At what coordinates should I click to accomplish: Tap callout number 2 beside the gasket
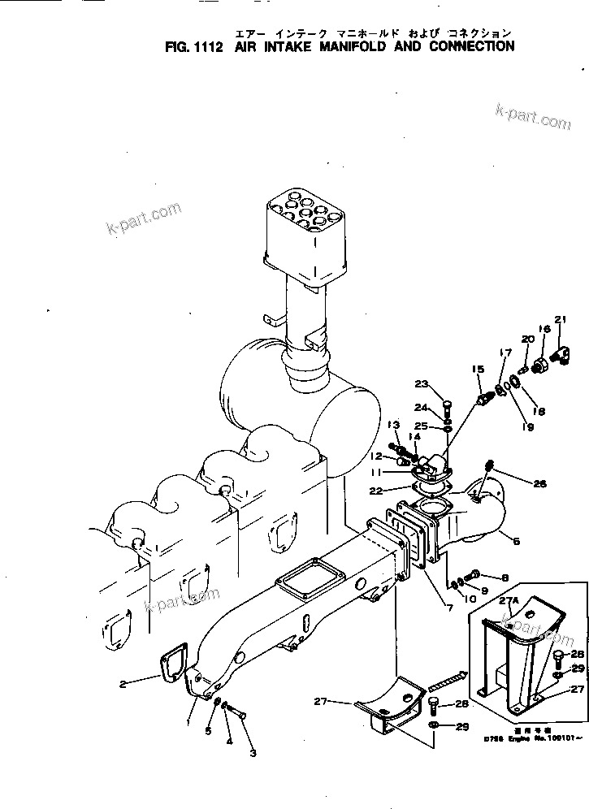click(x=123, y=684)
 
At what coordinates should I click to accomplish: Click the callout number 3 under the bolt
click(x=253, y=753)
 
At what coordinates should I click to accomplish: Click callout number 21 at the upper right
click(x=560, y=318)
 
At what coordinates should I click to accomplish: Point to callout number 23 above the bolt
click(x=421, y=385)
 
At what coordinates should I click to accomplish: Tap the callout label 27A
click(x=509, y=601)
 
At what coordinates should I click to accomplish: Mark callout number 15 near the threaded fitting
click(x=479, y=370)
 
